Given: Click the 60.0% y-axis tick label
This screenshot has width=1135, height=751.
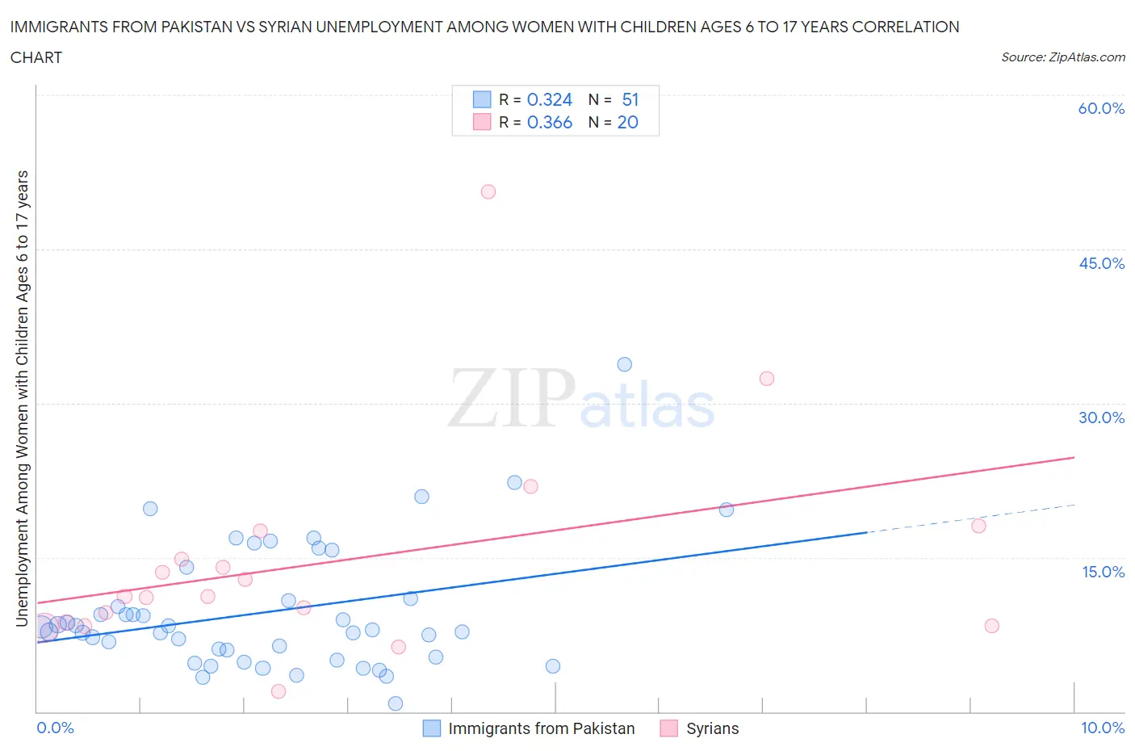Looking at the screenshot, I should point(1101,108).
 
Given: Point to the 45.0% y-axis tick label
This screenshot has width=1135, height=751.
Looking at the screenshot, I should point(1101,263).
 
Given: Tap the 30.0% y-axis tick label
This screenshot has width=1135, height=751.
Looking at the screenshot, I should point(1101,417).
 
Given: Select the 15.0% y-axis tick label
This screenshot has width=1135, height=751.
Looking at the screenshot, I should point(1103,572).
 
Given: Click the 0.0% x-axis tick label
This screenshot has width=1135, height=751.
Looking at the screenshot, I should point(55,728).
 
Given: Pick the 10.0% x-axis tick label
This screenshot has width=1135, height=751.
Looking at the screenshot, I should point(1103,728).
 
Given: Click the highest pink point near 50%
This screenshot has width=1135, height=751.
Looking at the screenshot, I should point(488,192).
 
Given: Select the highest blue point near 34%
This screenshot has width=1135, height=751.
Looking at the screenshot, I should point(624,364).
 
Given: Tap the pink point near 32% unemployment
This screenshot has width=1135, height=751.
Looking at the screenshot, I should point(767,379).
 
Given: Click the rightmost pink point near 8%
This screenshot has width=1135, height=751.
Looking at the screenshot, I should point(992,626).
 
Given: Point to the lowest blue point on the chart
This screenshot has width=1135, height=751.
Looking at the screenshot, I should point(396,703).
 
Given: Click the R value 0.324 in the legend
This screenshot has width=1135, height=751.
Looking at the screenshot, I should point(549,99).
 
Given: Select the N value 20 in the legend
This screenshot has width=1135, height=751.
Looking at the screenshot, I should point(627,122).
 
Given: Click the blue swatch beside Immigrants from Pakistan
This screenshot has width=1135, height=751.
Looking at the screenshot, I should point(432,728).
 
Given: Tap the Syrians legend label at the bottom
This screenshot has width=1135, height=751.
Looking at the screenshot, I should point(712,728).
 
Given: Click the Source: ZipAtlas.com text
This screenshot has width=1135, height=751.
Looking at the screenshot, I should point(1062,57).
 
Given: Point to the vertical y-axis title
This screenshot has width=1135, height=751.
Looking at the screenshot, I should point(22,398).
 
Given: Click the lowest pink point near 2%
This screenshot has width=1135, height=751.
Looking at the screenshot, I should point(279,691).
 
